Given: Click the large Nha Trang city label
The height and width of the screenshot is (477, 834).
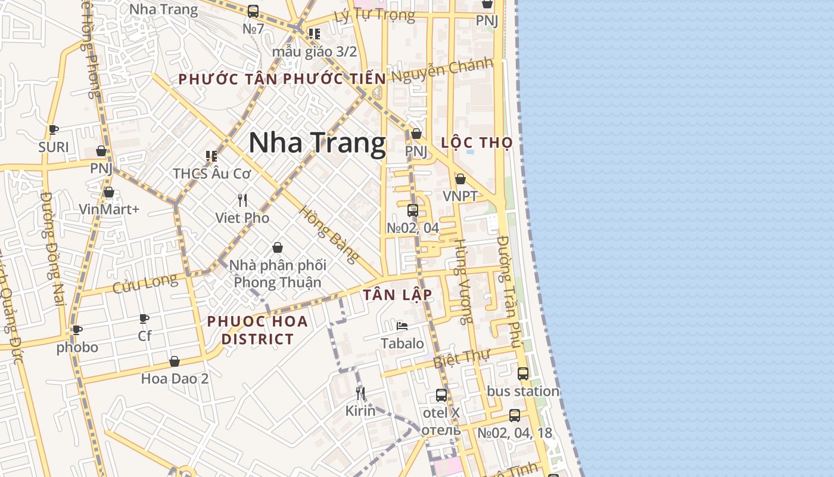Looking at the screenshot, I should tap(317, 144).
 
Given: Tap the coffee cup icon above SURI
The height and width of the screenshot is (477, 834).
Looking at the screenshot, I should tap(54, 129).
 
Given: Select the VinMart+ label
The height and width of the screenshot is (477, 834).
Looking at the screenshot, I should tap(109, 209).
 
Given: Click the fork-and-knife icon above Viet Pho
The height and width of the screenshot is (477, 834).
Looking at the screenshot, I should tap(242, 200).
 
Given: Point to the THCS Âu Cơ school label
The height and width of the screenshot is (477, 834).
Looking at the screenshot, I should tap(211, 174).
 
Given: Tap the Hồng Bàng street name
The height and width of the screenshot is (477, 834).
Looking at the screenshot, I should tap(329, 234).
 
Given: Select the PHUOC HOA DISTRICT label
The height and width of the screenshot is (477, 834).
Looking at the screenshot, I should tap(257, 330).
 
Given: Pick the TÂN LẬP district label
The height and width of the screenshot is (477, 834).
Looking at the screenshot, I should tap(397, 295).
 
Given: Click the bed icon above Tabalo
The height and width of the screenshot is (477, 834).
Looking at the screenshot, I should tap(402, 326).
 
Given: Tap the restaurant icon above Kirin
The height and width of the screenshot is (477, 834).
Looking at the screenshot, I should tap(360, 393).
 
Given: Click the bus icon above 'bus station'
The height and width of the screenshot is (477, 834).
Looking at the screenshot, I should tap(522, 374).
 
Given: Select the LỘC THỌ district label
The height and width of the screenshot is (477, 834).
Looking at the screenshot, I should tap(477, 143).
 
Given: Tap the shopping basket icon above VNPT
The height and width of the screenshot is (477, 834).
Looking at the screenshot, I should tap(460, 179).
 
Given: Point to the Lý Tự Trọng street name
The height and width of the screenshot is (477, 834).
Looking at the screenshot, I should tap(374, 15).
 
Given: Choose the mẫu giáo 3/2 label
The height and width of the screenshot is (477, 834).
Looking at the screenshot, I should tap(314, 51).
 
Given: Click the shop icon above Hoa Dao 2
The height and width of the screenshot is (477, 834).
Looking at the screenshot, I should tap(175, 361).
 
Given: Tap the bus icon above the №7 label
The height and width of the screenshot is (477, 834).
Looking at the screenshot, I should tap(253, 11).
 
